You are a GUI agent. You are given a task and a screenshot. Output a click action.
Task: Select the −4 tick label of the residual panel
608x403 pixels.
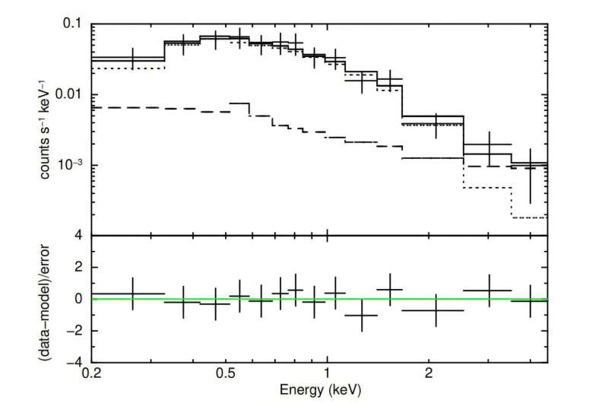click(75, 362)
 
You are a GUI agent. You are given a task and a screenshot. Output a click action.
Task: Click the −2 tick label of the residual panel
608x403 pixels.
click(75, 331)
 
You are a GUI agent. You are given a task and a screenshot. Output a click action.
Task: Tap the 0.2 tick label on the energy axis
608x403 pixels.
click(91, 373)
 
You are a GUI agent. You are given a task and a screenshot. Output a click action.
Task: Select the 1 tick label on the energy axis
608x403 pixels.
click(327, 373)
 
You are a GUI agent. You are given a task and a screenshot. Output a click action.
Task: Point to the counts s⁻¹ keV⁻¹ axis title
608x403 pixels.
click(47, 129)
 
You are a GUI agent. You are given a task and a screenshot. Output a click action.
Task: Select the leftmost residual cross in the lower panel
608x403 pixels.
click(133, 294)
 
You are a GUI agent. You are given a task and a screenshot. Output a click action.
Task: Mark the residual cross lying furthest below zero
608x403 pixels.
click(361, 315)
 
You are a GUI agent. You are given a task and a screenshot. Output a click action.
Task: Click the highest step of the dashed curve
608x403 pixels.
click(239, 103)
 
